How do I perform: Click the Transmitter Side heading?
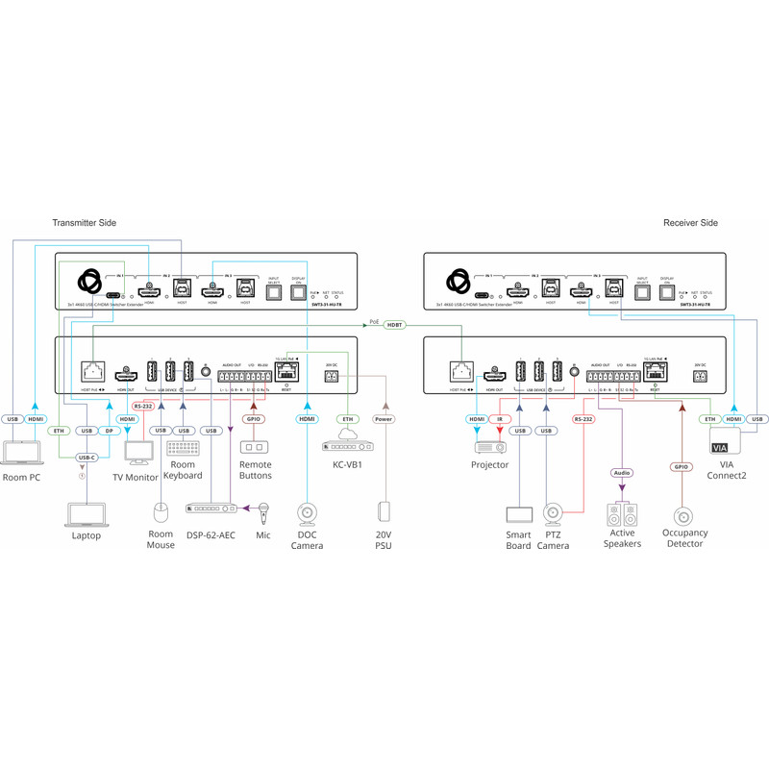coord(84,223)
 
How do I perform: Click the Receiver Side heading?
coord(690,223)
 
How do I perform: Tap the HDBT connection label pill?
coord(394,326)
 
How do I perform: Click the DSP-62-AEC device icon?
coord(211,508)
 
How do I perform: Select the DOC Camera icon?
coord(308,514)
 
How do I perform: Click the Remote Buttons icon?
coord(255,448)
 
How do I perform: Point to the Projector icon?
coord(489,447)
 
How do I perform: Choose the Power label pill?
coord(384,419)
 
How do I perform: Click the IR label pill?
coord(501,419)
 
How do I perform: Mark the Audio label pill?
coord(623,473)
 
